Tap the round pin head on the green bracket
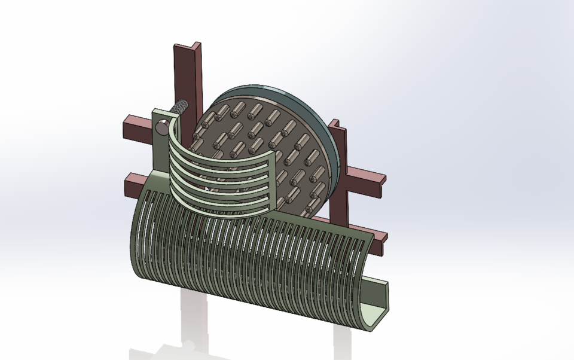162,126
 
